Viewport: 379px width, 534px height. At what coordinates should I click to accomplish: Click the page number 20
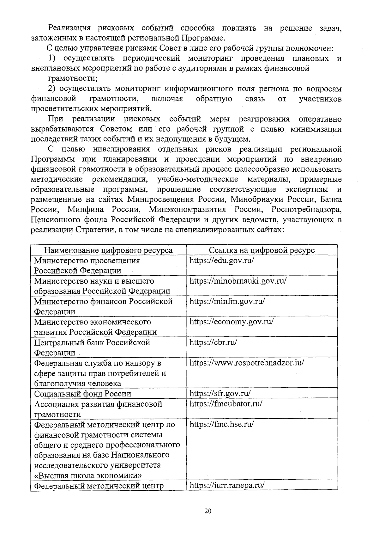coord(208,511)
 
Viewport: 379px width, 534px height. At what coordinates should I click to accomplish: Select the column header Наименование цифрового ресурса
coord(108,250)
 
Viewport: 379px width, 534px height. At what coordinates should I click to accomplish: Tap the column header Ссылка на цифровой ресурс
coord(262,250)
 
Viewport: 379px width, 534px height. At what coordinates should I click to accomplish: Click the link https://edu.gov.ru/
coord(222,261)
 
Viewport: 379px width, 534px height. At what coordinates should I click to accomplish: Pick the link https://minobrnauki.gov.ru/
coord(238,281)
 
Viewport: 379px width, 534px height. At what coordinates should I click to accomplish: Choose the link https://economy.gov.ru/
coord(231,322)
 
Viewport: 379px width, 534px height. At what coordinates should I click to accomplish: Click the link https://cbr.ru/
coord(213,342)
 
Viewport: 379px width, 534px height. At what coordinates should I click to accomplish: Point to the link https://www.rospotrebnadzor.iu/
coord(247,363)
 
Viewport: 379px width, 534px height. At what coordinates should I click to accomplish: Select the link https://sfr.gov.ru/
coord(220,393)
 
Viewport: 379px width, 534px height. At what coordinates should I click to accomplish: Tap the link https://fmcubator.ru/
coord(226,404)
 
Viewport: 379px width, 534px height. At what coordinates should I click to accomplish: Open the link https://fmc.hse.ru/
coord(222,424)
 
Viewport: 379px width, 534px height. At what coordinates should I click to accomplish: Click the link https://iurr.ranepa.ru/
coord(227,485)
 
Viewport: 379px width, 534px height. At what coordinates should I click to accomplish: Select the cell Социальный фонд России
coord(83,394)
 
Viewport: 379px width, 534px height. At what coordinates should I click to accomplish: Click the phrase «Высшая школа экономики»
coord(88,476)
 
